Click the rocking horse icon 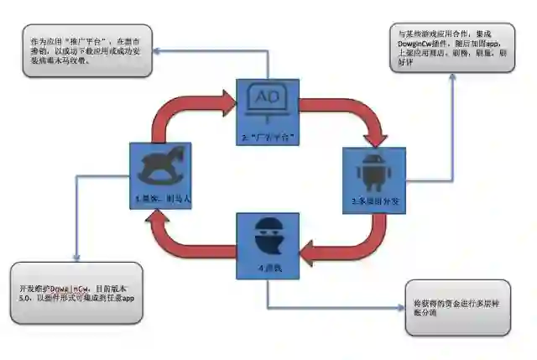(158, 166)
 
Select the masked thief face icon (266, 233)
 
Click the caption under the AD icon (266, 136)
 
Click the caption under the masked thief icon (267, 268)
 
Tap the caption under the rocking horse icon (158, 198)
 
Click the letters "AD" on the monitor (266, 96)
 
